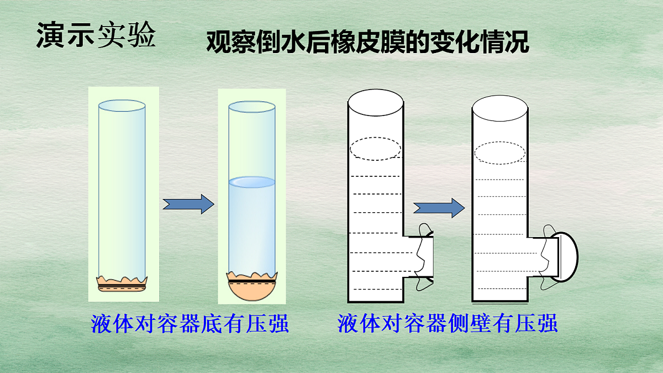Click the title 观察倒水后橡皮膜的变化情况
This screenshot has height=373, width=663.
pos(367,42)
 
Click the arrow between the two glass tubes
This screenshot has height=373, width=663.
pos(188,204)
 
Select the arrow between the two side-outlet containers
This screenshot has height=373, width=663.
pos(439,208)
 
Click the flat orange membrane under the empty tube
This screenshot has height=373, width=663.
pos(122,284)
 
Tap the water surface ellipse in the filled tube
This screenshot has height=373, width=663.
pos(252,181)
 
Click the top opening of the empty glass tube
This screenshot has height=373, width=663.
pos(122,105)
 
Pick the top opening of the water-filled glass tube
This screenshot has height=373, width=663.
pos(252,107)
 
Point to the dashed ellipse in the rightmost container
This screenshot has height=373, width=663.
pos(500,153)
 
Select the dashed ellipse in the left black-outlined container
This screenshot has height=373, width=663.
pos(376,149)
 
